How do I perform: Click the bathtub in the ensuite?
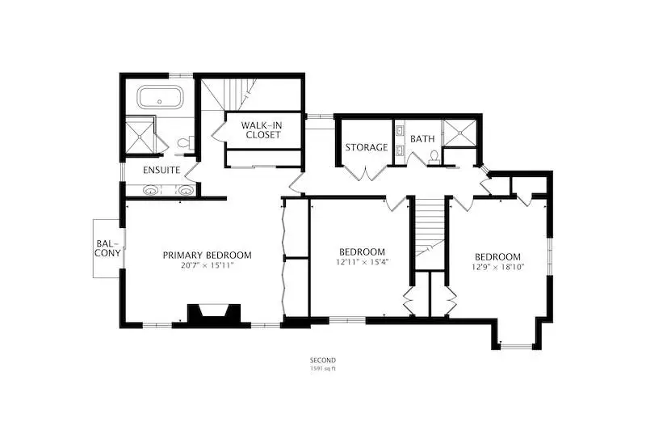click(x=159, y=97)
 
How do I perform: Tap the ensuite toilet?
click(x=185, y=143)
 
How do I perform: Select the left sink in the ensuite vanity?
click(x=150, y=191)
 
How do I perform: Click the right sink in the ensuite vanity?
click(x=187, y=191)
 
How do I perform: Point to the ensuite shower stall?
click(x=140, y=135)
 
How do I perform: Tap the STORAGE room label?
click(x=367, y=147)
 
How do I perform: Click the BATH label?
click(x=422, y=139)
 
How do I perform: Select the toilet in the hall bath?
click(x=434, y=158)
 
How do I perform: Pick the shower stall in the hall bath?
click(x=459, y=133)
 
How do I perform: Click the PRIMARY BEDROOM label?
click(x=207, y=256)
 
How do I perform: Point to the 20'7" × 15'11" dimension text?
click(x=208, y=265)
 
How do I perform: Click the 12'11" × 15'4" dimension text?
click(x=362, y=261)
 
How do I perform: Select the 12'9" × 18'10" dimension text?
click(x=497, y=267)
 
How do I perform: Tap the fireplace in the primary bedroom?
click(x=213, y=314)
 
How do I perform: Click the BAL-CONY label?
click(x=108, y=248)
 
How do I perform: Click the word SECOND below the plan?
click(x=323, y=360)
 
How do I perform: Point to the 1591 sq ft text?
click(x=323, y=369)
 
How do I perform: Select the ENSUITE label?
click(x=161, y=170)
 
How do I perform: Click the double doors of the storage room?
click(x=366, y=173)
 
